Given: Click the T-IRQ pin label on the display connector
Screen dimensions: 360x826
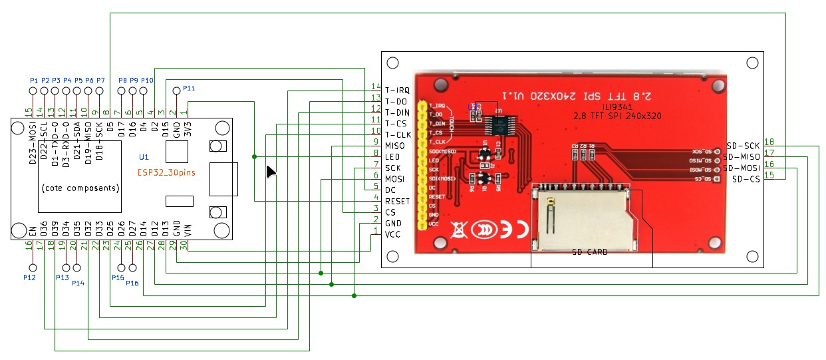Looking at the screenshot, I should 397,89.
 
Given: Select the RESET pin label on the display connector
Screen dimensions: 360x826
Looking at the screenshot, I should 398,200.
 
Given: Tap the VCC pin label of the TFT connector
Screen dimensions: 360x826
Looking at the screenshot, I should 393,234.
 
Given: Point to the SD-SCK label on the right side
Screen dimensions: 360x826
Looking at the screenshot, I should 743,146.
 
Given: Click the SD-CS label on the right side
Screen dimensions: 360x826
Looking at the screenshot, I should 746,179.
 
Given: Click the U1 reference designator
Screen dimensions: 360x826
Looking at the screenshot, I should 144,158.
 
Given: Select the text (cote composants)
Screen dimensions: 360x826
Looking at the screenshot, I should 80,188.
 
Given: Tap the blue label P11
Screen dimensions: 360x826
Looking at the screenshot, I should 189,89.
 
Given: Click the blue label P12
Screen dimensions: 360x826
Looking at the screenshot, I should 29,276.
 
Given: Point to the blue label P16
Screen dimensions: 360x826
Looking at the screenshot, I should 132,283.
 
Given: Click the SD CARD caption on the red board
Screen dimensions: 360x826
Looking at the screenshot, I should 590,252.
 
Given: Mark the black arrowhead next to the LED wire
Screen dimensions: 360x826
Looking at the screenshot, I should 271,172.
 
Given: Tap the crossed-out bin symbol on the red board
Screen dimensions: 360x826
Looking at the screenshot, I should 458,230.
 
